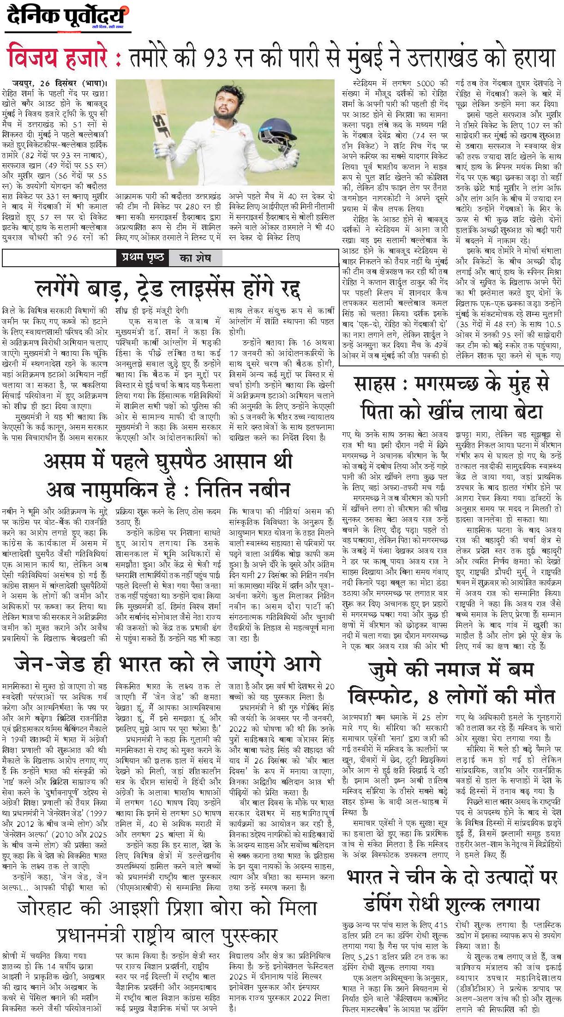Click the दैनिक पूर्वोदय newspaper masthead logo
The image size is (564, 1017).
click(67, 18)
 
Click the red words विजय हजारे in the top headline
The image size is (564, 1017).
click(59, 58)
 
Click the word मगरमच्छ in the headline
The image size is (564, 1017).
click(459, 384)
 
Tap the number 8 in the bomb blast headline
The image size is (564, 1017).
click(432, 696)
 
